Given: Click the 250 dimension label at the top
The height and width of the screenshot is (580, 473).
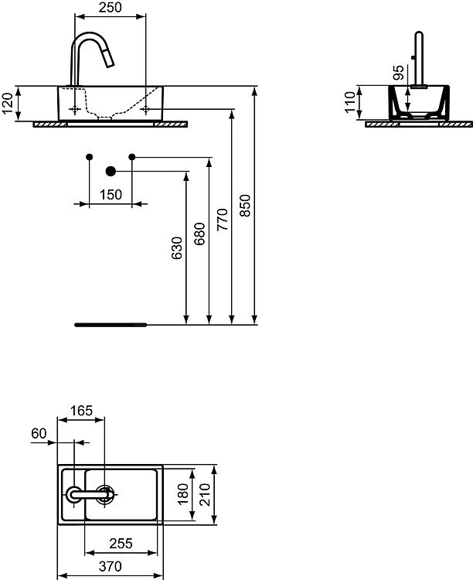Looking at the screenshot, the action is pos(111,8).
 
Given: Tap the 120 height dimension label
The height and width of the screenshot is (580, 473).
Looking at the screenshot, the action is pos(8,104).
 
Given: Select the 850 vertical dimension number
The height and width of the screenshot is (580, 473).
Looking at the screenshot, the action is pos(245,205).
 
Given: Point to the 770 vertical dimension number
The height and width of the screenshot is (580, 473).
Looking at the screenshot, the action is pos(223,220).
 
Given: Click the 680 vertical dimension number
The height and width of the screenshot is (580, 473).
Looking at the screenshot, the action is pos(199,234).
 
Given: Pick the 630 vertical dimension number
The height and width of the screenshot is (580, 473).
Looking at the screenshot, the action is pos(177,247).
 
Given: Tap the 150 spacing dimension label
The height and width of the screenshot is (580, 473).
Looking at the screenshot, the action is pos(111,195).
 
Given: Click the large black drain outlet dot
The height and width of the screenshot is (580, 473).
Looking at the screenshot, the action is pos(111,171).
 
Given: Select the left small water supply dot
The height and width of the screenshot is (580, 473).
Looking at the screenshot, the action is pos(89,157).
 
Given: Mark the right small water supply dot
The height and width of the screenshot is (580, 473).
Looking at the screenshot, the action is pos(132,157).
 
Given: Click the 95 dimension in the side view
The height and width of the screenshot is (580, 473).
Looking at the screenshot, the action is pos(399,73).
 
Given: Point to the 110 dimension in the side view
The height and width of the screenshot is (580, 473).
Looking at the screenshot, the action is pos(350,102).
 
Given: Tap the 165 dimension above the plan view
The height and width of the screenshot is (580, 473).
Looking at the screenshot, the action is pos(81,411).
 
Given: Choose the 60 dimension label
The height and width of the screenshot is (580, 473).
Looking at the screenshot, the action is pos(39,433).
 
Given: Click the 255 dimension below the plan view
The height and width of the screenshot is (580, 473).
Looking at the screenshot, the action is pos(121,544).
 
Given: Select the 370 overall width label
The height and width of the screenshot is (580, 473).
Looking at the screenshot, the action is pos(111,566).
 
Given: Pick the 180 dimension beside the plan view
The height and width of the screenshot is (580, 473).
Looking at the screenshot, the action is pos(183,494).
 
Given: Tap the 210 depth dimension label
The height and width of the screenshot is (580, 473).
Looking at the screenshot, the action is pos(206,495).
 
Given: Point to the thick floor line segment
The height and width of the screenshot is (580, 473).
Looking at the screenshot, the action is pos(111,325).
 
